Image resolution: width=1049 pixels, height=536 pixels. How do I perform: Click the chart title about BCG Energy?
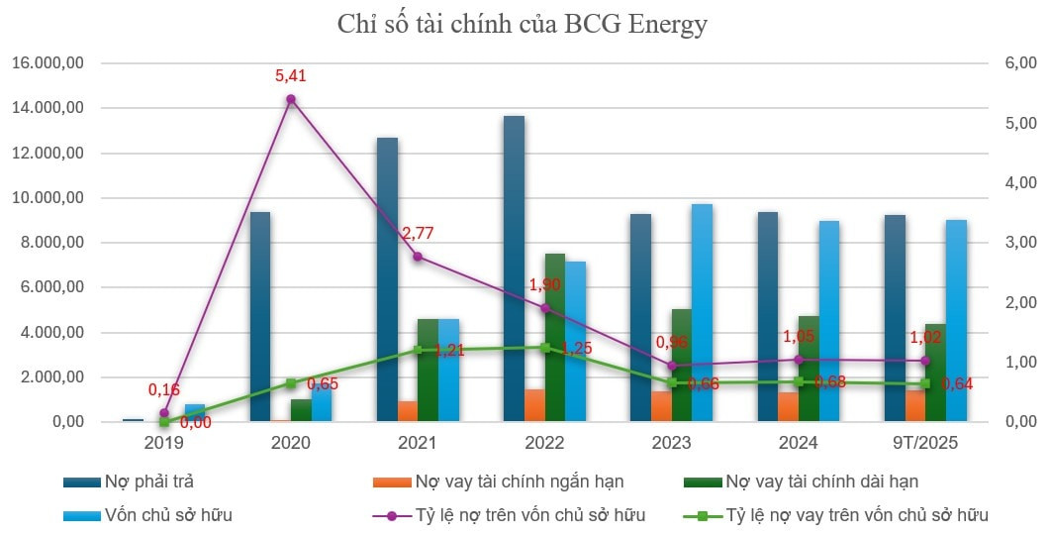(523, 24)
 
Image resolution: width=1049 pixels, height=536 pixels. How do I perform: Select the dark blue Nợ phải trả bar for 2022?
(514, 268)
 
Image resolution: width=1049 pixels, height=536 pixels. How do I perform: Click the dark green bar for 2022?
(554, 338)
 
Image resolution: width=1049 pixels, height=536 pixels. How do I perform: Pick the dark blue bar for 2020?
(260, 317)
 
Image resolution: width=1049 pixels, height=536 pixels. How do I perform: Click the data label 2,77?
(417, 234)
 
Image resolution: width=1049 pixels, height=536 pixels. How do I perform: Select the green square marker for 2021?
(418, 350)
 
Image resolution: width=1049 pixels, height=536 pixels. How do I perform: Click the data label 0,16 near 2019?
(164, 390)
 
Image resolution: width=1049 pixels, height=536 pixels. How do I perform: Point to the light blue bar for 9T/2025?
(956, 321)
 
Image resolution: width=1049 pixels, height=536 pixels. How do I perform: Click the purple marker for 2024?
(799, 359)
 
